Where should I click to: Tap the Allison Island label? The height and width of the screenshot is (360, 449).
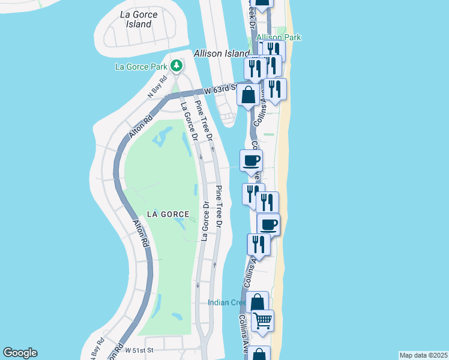pos(221,53)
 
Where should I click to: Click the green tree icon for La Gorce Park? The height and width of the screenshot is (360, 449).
pos(176,64)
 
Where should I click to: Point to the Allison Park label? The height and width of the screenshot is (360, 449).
pos(278,37)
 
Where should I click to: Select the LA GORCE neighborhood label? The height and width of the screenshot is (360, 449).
pos(167,214)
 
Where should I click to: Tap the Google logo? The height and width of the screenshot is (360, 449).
pos(20,353)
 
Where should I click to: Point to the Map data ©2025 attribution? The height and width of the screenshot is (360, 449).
pos(423,355)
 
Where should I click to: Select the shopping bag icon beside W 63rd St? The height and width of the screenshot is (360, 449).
pos(248,95)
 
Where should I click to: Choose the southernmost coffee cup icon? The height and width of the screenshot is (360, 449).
pos(269,224)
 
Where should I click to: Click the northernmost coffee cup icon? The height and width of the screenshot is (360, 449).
pos(251,160)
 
